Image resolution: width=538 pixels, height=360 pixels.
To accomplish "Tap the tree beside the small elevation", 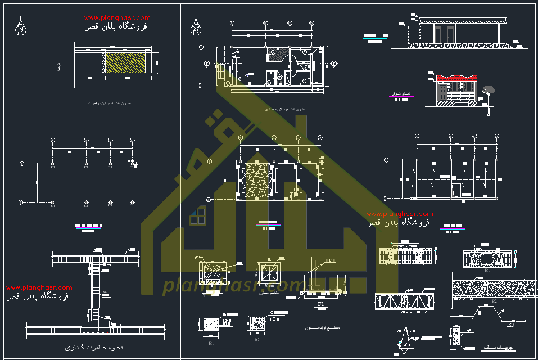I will [x=489, y=89].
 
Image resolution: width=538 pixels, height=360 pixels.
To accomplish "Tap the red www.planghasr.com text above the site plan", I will [x=117, y=18].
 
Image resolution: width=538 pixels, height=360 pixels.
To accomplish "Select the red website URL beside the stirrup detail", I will [x=39, y=287].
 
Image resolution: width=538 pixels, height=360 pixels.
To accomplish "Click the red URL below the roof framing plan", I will [x=399, y=214].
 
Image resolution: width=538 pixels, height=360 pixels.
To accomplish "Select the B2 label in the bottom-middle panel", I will [x=257, y=340].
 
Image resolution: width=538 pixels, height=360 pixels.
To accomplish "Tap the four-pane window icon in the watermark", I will [x=197, y=216].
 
